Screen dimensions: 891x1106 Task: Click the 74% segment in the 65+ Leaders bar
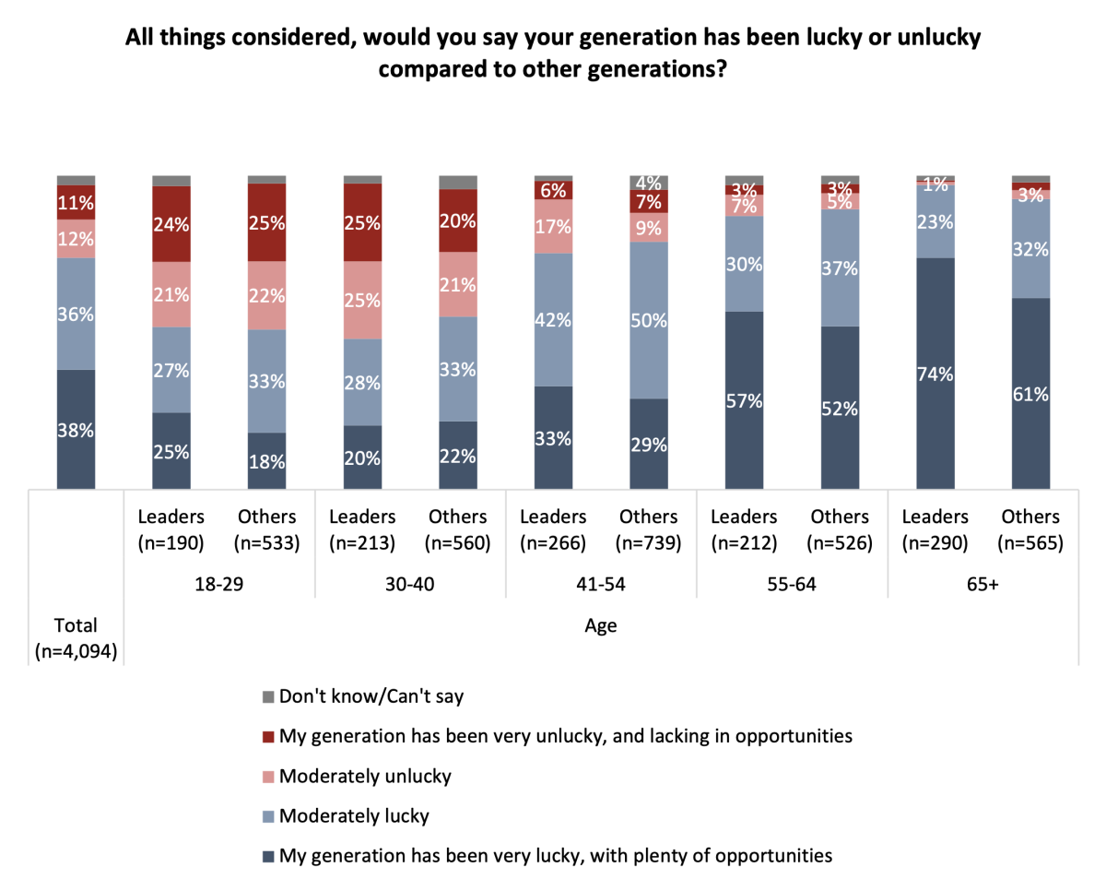pyautogui.click(x=935, y=374)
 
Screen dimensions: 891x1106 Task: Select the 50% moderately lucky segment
pyautogui.click(x=649, y=320)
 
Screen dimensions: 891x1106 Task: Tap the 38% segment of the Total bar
pyautogui.click(x=76, y=429)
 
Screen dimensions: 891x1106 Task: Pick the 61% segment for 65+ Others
pyautogui.click(x=1031, y=394)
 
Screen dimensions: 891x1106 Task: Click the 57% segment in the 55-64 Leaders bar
pyautogui.click(x=745, y=400)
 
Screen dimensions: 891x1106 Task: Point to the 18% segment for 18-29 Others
pyautogui.click(x=266, y=461)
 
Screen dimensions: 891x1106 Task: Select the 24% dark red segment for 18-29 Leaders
pyautogui.click(x=171, y=224)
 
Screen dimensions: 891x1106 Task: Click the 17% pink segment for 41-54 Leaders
pyautogui.click(x=553, y=226)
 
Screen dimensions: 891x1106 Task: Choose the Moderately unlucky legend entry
pyautogui.click(x=365, y=776)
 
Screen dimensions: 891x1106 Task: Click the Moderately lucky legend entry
pyautogui.click(x=354, y=815)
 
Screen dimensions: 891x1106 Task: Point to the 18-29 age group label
pyautogui.click(x=219, y=585)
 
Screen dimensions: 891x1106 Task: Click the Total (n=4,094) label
pyautogui.click(x=76, y=638)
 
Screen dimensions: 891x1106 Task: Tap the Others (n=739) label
pyautogui.click(x=649, y=529)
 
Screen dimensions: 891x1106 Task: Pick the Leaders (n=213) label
pyautogui.click(x=362, y=529)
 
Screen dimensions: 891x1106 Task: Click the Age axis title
pyautogui.click(x=601, y=626)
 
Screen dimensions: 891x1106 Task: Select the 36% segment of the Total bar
pyautogui.click(x=76, y=314)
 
